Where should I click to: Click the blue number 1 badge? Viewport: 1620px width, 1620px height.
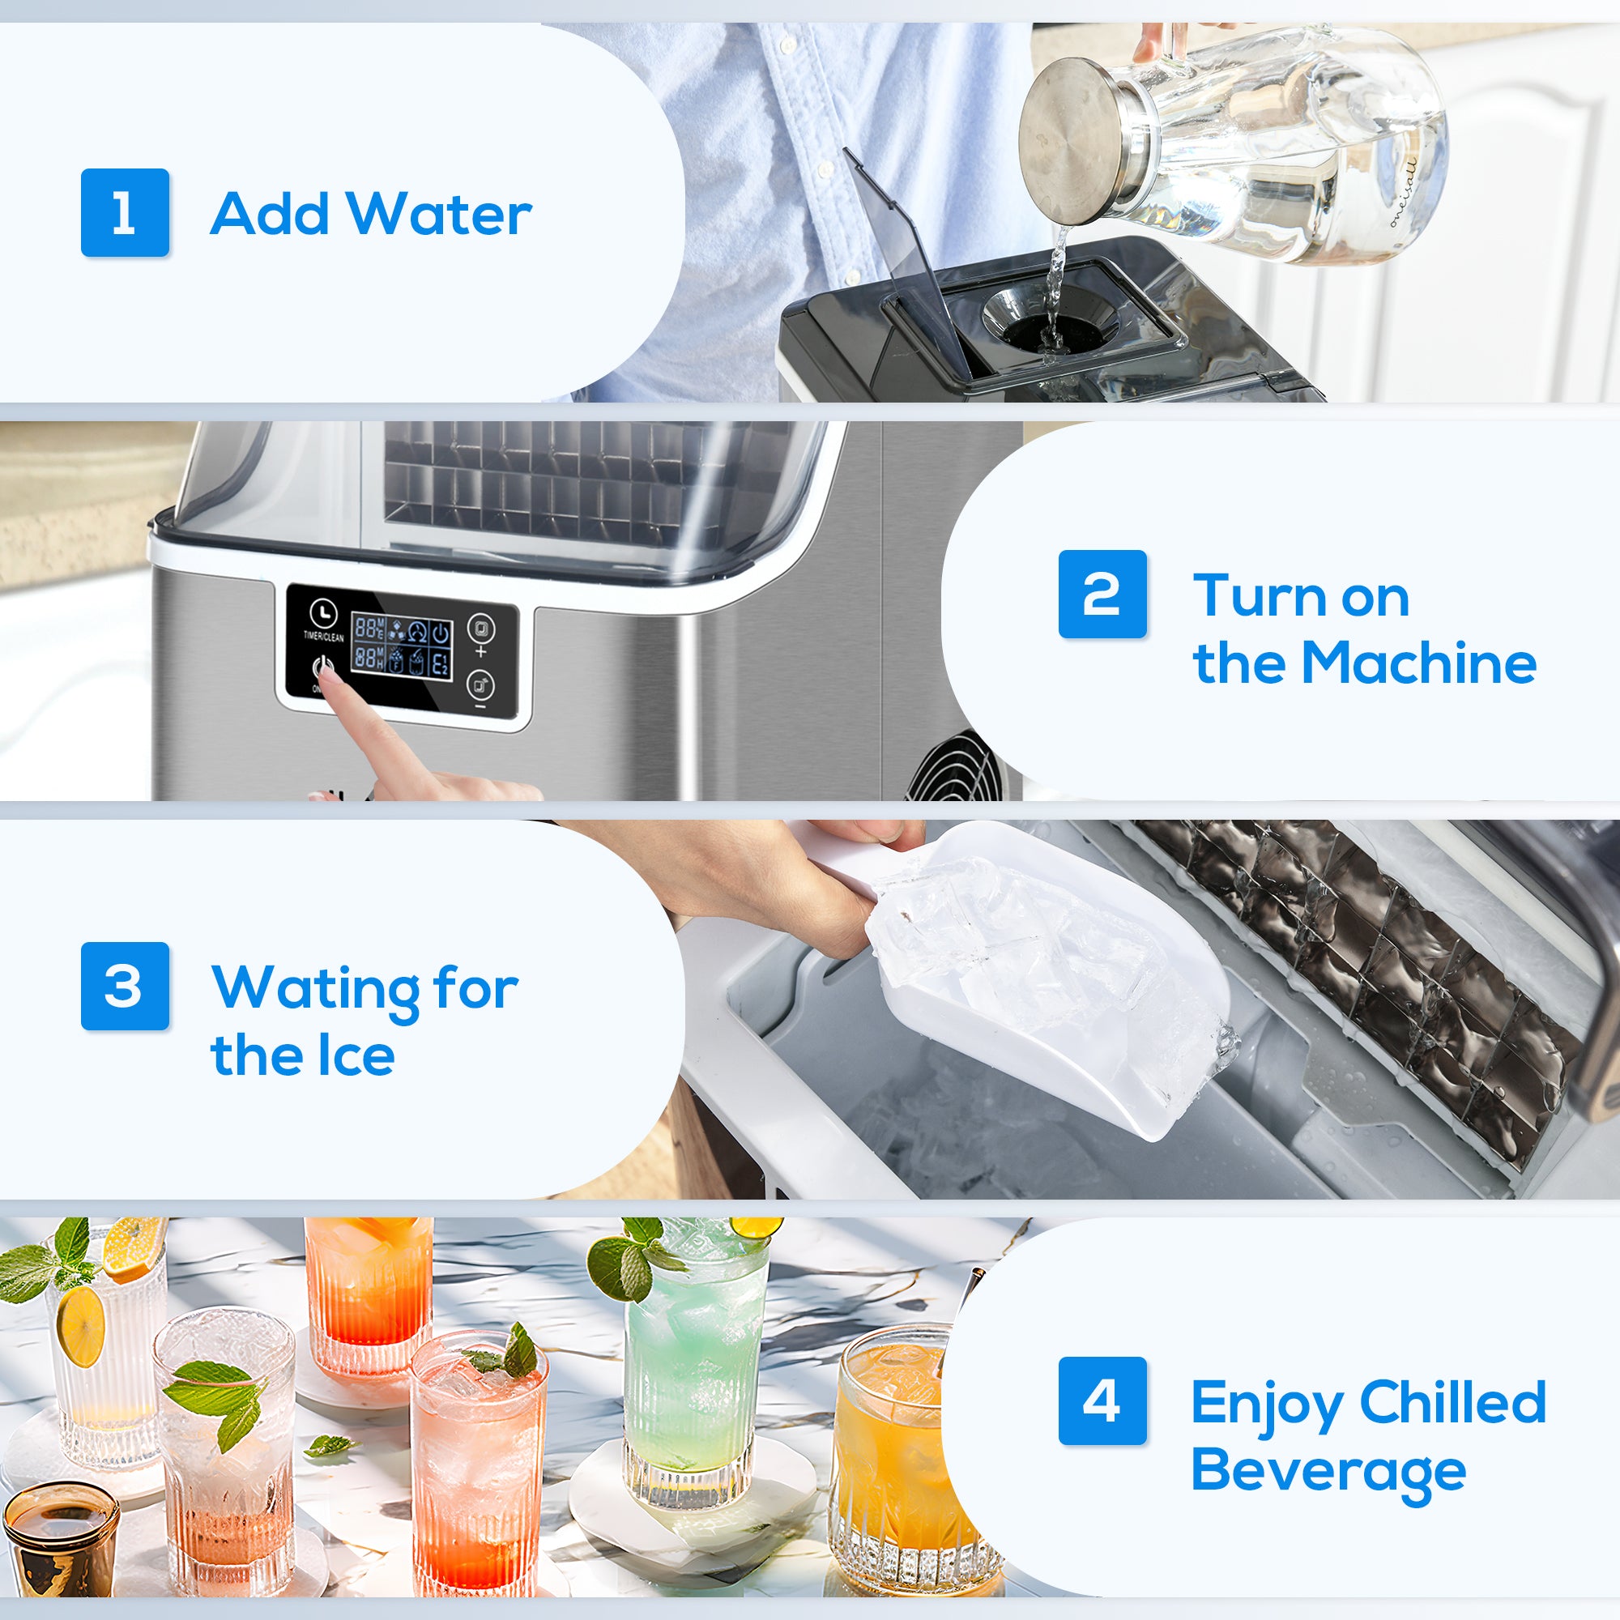125,212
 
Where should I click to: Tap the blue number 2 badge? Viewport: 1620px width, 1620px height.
1102,594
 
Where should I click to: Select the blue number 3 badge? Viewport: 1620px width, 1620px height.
125,985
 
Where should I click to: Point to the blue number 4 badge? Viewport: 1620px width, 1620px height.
1102,1400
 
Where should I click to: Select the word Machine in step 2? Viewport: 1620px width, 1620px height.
1419,663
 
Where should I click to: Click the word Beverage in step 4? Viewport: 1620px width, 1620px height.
1328,1473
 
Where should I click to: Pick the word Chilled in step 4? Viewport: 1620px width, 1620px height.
1452,1402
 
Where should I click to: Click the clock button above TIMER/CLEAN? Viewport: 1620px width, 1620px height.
323,612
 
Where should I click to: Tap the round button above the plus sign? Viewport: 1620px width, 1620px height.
480,627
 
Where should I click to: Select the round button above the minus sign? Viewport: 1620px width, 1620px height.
480,685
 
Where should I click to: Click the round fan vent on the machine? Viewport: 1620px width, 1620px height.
956,767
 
